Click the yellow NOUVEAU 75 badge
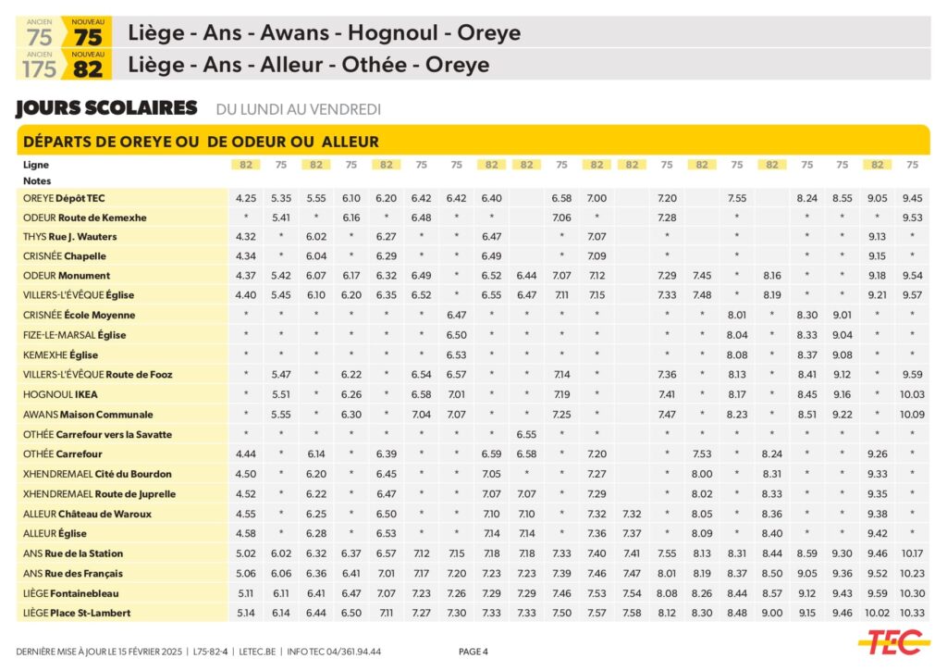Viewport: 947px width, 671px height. tap(88, 33)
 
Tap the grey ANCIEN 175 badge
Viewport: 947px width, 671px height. tap(40, 65)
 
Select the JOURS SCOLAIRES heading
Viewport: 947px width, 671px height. tap(106, 108)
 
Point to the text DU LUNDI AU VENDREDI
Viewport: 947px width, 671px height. tap(298, 109)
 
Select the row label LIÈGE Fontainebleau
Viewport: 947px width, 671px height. tap(71, 593)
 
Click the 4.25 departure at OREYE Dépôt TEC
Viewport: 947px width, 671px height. tap(245, 198)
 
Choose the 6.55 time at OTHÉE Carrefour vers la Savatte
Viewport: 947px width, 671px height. tap(526, 434)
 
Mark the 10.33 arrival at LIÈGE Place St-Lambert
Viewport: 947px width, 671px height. tap(912, 613)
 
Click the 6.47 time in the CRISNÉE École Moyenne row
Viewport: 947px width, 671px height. tap(456, 315)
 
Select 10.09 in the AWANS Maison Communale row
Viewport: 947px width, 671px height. tap(912, 415)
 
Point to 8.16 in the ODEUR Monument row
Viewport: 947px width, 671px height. tap(772, 276)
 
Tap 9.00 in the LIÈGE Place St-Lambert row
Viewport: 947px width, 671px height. tap(772, 613)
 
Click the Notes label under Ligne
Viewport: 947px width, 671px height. tap(37, 181)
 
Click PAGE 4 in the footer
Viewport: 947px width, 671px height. tap(473, 652)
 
